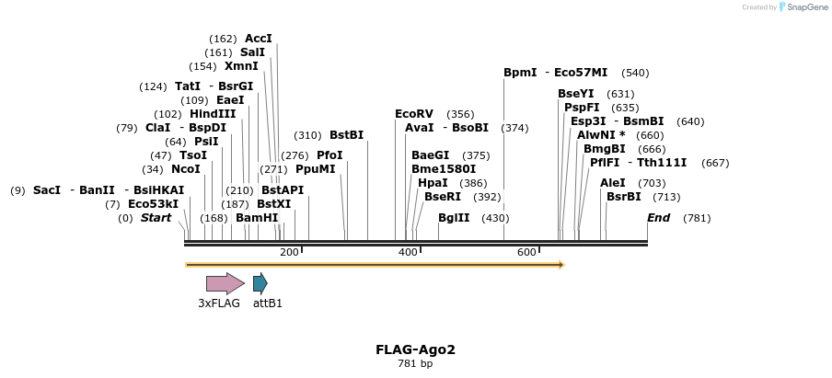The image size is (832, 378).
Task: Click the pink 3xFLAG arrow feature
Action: pos(225,283)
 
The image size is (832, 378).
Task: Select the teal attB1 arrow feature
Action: pos(260,283)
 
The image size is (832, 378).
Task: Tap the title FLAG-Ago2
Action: pos(415,349)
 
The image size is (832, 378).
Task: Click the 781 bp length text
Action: pos(415,364)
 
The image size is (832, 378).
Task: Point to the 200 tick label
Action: pos(289,252)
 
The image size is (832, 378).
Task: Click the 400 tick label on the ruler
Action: pos(408,252)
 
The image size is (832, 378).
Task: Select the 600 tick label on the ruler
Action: pos(526,252)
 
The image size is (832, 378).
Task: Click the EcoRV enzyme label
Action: pos(413,114)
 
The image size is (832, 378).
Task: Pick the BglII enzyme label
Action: pos(454,218)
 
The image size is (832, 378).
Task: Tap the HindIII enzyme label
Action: pos(213,114)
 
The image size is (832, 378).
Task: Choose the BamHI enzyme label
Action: pos(257,218)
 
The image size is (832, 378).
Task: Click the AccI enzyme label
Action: pos(259,39)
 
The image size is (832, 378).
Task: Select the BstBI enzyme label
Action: pos(346,135)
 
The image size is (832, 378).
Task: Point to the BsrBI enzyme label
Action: pos(623,197)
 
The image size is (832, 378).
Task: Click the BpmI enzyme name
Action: pos(520,73)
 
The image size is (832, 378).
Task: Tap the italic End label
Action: pos(658,218)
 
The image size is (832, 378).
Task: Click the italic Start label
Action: pos(156,218)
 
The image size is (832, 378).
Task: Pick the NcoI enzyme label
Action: pos(185,169)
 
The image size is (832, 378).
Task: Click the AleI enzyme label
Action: pos(613,183)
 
